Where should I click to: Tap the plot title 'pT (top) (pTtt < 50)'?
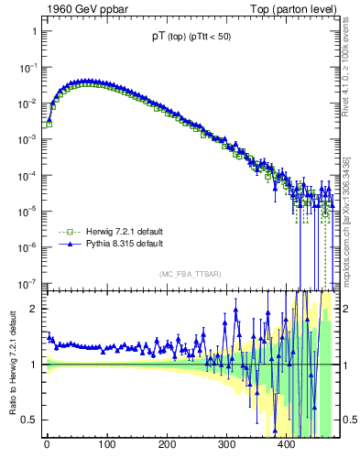(190, 37)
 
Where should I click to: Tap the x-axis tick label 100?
(106, 445)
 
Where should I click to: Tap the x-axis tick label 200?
(167, 445)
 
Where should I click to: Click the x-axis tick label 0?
(47, 445)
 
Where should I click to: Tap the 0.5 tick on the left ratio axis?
(29, 420)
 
